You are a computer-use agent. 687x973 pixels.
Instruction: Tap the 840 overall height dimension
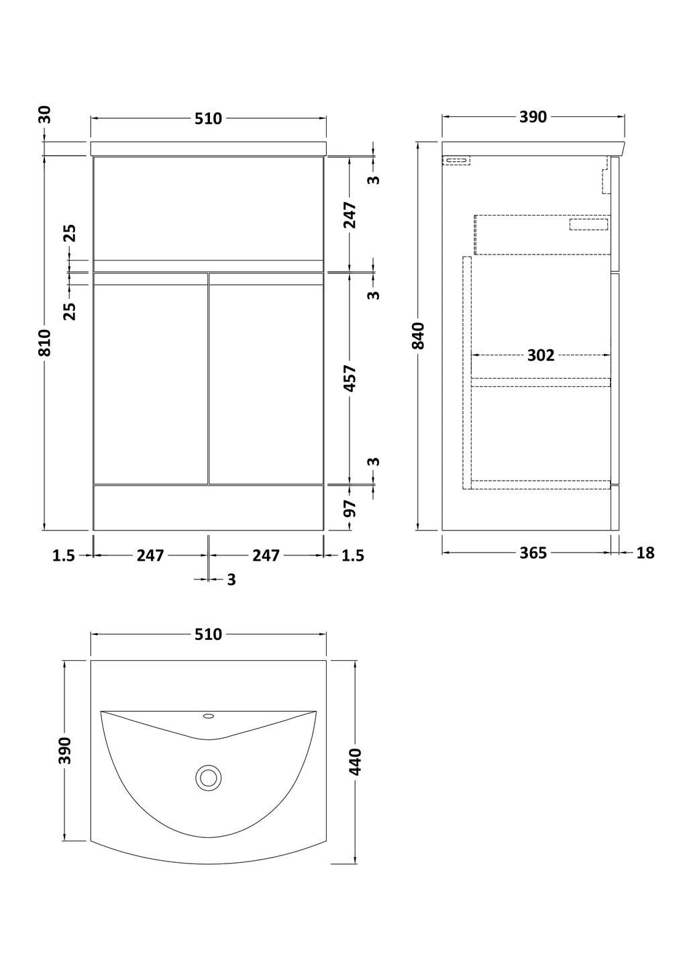pyautogui.click(x=418, y=336)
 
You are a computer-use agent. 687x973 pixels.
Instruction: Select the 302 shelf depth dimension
pyautogui.click(x=541, y=355)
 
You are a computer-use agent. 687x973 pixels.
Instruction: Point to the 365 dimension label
pyautogui.click(x=533, y=553)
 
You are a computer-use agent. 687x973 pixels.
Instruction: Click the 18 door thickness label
pyautogui.click(x=645, y=553)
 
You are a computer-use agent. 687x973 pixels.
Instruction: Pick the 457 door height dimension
pyautogui.click(x=350, y=378)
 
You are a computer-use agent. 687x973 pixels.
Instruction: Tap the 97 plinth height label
pyautogui.click(x=350, y=508)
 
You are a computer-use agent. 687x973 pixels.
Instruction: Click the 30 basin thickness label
pyautogui.click(x=45, y=115)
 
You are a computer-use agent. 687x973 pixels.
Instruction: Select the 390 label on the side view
pyautogui.click(x=533, y=117)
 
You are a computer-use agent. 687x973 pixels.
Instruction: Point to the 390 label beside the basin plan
pyautogui.click(x=65, y=750)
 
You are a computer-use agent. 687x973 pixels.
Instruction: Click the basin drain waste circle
pyautogui.click(x=208, y=777)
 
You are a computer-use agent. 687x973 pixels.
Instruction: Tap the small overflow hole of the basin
pyautogui.click(x=209, y=716)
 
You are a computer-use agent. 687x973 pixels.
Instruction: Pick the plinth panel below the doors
pyautogui.click(x=208, y=508)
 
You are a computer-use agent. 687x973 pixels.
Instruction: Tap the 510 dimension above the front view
pyautogui.click(x=208, y=119)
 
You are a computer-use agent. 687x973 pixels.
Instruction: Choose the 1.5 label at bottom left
pyautogui.click(x=64, y=555)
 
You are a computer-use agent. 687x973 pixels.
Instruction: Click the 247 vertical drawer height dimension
pyautogui.click(x=350, y=215)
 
